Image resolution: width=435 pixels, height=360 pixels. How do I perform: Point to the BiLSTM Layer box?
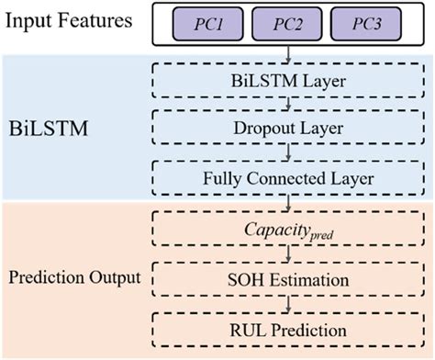point(289,80)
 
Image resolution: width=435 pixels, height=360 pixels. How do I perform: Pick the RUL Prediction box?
point(289,328)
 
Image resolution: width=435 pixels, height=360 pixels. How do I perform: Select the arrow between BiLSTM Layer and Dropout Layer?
point(289,103)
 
